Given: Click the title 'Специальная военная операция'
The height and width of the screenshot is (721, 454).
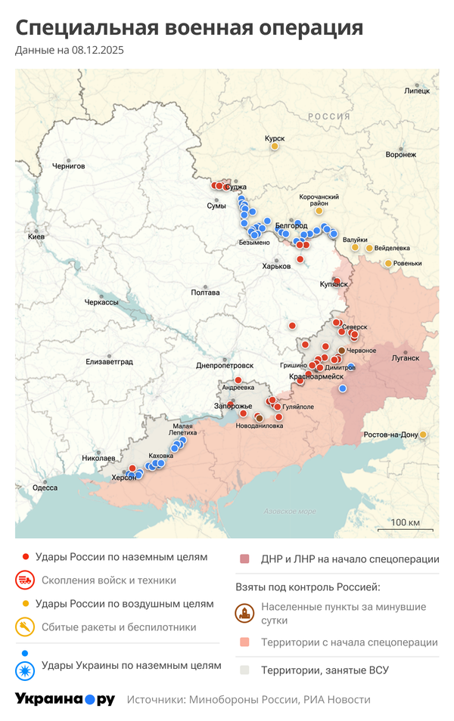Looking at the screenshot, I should click(x=189, y=28).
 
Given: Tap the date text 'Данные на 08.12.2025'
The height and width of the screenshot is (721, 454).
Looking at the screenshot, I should click(x=70, y=51).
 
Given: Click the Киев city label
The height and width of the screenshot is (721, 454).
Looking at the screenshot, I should click(x=36, y=237).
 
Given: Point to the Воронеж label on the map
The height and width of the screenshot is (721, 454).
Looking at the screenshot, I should click(x=400, y=154).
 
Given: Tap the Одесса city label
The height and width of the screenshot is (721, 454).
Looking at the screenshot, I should click(x=45, y=487).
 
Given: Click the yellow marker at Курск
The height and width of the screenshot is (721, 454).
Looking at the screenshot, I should click(x=275, y=147).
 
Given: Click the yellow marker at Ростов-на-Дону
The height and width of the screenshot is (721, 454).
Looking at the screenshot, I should click(x=424, y=435).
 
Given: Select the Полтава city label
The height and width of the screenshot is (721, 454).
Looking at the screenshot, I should click(x=205, y=292).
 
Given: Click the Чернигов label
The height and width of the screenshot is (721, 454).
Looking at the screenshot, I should click(x=68, y=165).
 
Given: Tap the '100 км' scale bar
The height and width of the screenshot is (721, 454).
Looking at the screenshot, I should click(x=406, y=523).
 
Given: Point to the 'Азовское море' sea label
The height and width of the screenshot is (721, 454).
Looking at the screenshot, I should click(x=290, y=512).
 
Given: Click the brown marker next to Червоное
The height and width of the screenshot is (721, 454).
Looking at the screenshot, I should click(x=341, y=351).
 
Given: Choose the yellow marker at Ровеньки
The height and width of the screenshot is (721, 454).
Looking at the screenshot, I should click(x=388, y=263).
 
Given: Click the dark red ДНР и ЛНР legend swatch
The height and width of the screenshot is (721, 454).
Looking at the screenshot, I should click(x=244, y=559).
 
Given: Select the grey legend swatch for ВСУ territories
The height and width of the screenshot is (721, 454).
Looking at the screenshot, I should click(x=244, y=670).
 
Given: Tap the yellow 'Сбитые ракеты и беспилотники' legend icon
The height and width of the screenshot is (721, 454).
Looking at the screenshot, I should click(x=25, y=627).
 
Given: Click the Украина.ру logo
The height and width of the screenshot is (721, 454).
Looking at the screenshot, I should click(x=65, y=699).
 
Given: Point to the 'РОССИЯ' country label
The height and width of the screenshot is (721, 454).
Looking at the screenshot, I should click(x=328, y=116).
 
